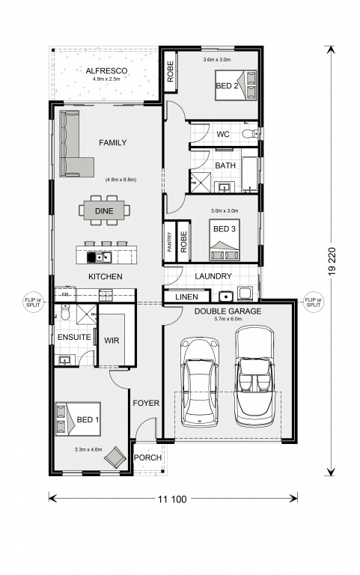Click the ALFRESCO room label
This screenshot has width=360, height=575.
(106, 71)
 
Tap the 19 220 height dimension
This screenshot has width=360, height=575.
(332, 261)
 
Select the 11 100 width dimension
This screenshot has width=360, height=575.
(172, 499)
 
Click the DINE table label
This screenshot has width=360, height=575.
(104, 211)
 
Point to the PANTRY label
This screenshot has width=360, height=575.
(169, 242)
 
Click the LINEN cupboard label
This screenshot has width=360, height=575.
(186, 296)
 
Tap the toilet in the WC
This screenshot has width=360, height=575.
(251, 133)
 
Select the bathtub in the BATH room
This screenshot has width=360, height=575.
(250, 174)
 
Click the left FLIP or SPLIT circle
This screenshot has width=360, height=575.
(33, 302)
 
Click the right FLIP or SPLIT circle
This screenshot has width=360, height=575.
(313, 302)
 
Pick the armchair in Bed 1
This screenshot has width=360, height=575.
(115, 457)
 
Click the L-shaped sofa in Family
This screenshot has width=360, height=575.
(73, 144)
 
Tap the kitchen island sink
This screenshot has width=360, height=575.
(103, 258)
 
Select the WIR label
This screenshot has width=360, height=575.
(112, 341)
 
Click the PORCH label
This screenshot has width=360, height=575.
(147, 457)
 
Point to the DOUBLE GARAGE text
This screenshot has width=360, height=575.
(228, 311)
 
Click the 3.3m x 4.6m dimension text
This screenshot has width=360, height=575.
(88, 449)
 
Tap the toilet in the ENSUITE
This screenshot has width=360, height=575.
(65, 313)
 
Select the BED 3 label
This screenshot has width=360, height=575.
(225, 229)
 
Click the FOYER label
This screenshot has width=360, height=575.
(146, 403)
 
